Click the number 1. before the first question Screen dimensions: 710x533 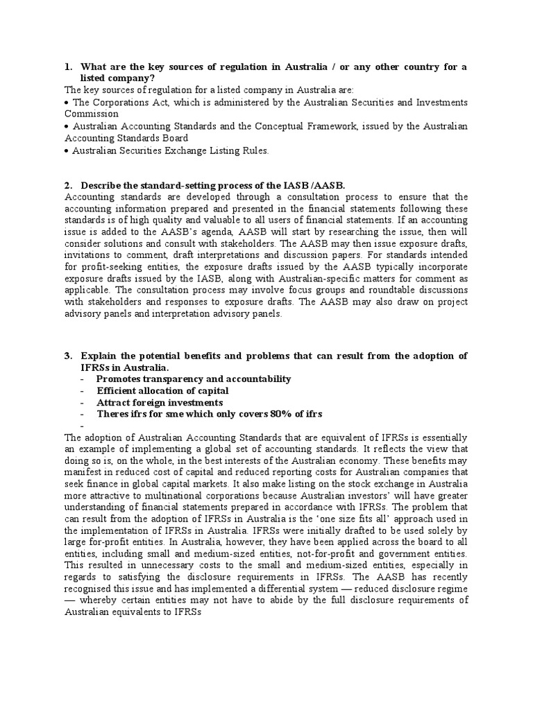click(69, 67)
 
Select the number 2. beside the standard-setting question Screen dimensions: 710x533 click(69, 185)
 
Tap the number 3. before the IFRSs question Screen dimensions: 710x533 click(69, 356)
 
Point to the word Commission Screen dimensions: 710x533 click(91, 114)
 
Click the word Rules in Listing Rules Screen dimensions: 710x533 click(254, 150)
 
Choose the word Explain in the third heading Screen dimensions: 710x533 click(100, 356)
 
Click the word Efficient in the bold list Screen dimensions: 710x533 click(117, 391)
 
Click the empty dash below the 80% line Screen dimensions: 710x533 click(82, 426)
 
